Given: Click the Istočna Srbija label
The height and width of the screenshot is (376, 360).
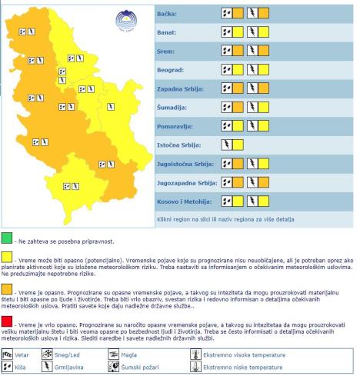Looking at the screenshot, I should click(x=178, y=144).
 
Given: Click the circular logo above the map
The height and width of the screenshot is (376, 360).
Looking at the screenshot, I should click(x=125, y=21).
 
